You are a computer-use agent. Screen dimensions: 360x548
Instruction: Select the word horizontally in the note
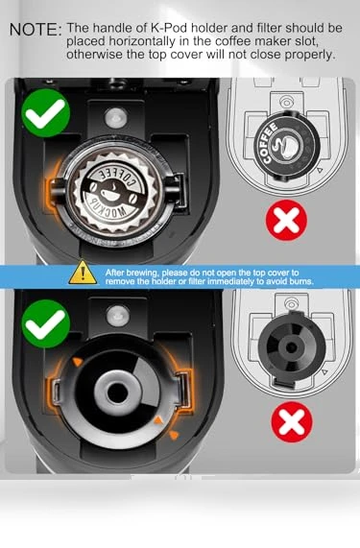tap(141, 41)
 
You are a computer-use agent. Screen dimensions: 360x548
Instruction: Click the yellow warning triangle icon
tap(83, 272)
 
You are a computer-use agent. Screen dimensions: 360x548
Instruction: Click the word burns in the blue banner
tap(300, 281)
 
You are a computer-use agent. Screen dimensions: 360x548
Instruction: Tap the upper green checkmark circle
tap(46, 112)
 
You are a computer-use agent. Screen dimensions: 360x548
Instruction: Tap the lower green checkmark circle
tap(46, 323)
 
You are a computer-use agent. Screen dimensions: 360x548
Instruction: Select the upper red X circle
tap(287, 220)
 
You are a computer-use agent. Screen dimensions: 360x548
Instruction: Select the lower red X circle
tap(292, 422)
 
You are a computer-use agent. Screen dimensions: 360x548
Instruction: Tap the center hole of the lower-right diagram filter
tap(292, 347)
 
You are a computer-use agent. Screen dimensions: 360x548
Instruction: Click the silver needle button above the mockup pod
tap(117, 117)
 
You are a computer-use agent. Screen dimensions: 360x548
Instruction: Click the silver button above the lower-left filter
tap(118, 315)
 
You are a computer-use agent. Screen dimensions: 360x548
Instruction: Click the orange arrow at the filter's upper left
tap(77, 362)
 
